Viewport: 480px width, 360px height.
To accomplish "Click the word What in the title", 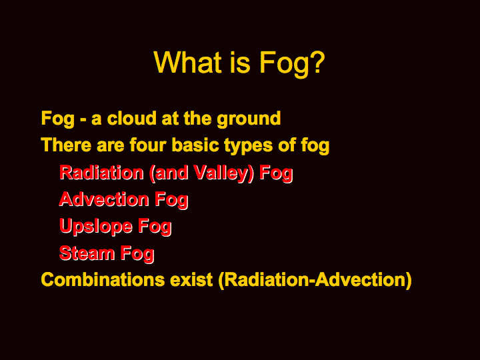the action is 187,62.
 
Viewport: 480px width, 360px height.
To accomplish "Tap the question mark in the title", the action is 316,62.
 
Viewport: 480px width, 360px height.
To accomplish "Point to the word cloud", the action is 132,118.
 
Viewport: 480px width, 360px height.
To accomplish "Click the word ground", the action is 249,119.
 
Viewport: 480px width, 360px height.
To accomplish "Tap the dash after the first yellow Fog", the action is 83,120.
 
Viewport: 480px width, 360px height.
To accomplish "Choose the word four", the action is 148,145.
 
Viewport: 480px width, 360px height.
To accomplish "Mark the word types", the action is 248,146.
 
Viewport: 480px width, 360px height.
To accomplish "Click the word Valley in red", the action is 221,173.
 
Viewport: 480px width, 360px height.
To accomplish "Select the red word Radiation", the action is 101,173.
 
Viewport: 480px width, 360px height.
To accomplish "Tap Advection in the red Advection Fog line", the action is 104,199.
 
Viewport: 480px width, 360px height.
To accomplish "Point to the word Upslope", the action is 96,227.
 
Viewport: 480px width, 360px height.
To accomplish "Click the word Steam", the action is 87,253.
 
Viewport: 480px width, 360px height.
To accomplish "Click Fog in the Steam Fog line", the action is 137,255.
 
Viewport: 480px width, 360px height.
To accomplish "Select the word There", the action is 66,145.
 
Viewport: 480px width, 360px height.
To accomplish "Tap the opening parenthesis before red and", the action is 152,173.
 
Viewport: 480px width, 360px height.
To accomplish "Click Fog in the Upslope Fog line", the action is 155,227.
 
